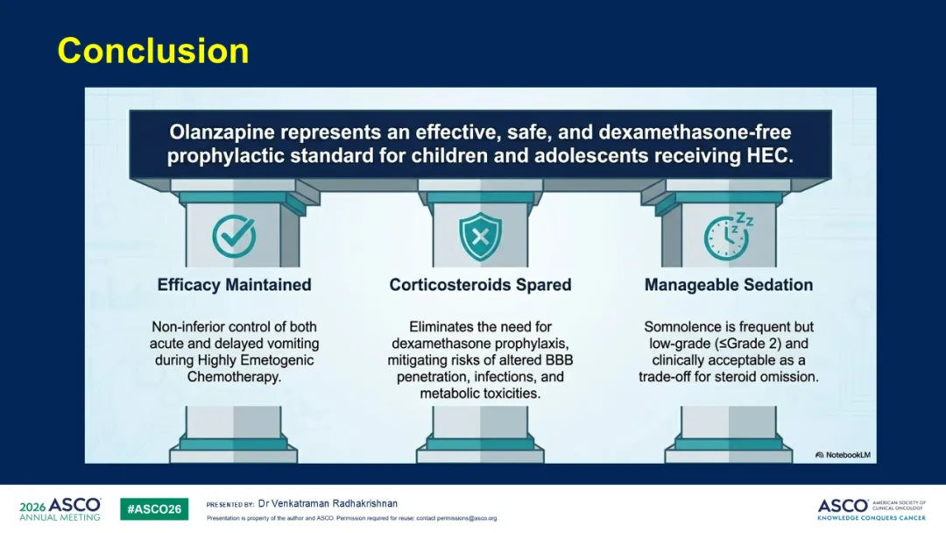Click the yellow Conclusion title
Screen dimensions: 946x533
point(153,51)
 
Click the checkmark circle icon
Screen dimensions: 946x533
point(234,236)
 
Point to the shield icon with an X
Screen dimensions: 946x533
point(480,237)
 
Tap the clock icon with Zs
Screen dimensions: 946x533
point(728,237)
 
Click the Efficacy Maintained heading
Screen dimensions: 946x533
point(234,285)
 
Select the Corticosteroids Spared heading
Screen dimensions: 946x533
point(480,285)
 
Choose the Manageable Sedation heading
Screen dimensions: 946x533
point(729,285)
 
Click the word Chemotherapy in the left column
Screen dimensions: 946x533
point(233,377)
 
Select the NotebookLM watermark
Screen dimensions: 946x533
point(843,455)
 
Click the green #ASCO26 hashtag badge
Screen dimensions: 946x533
point(154,508)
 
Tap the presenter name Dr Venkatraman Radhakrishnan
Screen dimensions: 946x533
point(328,503)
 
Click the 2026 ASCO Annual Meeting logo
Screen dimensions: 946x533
point(60,508)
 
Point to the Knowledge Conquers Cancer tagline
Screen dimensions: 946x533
point(872,518)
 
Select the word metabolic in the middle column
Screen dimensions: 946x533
point(447,394)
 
